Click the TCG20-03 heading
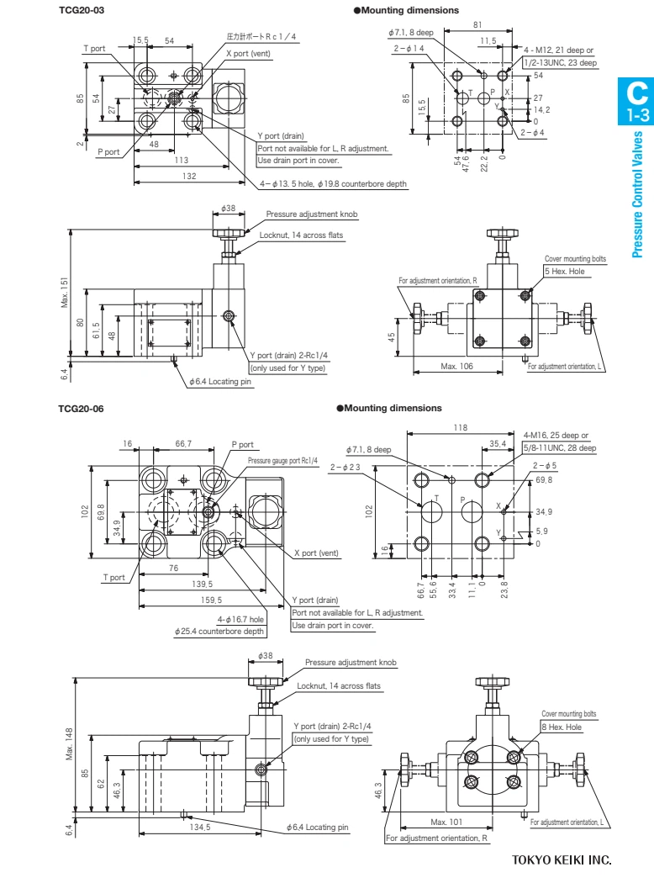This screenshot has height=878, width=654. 82,10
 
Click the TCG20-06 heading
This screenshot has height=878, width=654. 82,408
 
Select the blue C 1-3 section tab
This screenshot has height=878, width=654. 636,101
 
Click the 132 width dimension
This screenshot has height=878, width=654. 189,176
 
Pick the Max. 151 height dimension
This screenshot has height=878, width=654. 66,292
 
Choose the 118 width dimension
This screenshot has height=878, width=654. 460,427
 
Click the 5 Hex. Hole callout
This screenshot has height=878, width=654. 564,271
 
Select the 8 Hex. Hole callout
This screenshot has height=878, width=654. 562,727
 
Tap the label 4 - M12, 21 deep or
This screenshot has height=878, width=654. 558,50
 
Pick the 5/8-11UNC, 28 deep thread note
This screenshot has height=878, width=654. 559,448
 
